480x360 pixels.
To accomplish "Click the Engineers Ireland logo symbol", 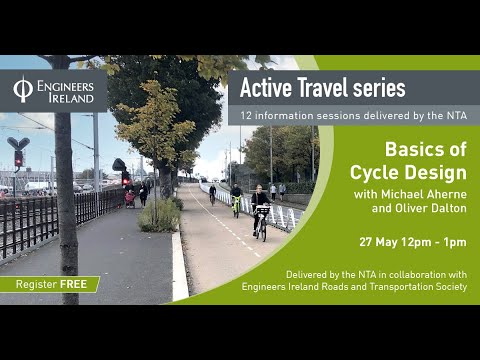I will [23, 90].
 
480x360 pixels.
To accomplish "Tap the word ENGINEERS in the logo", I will [65, 86].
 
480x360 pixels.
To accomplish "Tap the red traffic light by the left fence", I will [18, 158].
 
